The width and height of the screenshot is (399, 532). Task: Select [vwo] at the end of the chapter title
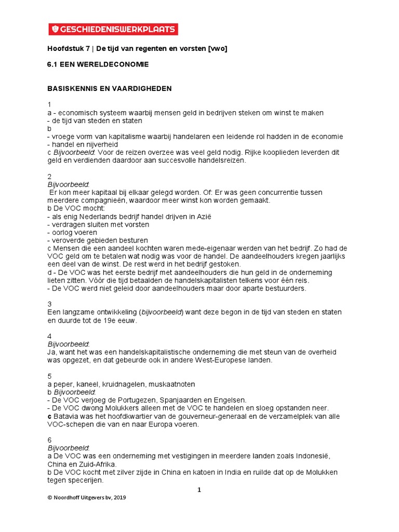pos(217,49)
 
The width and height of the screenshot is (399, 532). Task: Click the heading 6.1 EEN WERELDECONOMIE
pos(98,65)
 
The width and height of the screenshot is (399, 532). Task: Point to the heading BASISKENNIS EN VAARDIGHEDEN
pos(110,89)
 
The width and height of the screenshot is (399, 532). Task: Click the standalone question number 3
pos(49,304)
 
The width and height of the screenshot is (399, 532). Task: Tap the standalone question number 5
pos(49,376)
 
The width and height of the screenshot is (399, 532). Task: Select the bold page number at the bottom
pos(199,489)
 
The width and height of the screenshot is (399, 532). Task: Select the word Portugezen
pos(139,400)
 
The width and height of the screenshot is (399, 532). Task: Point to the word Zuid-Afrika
pos(97,464)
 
